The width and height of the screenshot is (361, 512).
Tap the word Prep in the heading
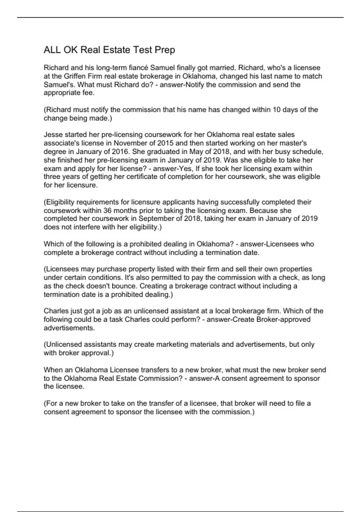pyautogui.click(x=165, y=50)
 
